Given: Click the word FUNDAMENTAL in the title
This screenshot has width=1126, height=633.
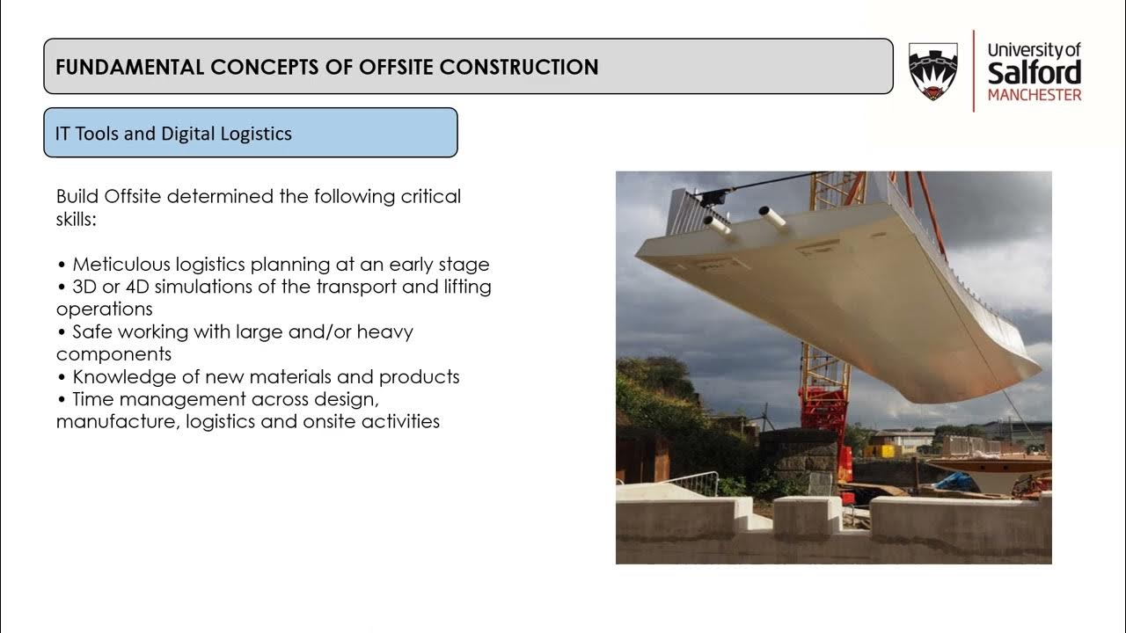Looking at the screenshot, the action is (129, 68).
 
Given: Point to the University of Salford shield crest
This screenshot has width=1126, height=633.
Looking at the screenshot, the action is (933, 71).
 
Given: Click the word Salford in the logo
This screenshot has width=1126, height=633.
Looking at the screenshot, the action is (1034, 73).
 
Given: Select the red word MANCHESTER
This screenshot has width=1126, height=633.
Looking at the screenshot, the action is (1035, 95).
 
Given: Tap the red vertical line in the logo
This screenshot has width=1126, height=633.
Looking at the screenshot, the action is (974, 71).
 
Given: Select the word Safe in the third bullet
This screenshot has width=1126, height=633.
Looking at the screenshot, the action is (92, 331).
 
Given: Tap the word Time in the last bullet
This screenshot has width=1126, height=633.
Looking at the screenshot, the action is (93, 399).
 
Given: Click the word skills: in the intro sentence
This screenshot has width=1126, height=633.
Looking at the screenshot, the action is (76, 219).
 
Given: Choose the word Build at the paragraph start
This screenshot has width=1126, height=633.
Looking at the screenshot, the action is (77, 196).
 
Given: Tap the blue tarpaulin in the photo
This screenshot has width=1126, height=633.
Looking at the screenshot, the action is (954, 482).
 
